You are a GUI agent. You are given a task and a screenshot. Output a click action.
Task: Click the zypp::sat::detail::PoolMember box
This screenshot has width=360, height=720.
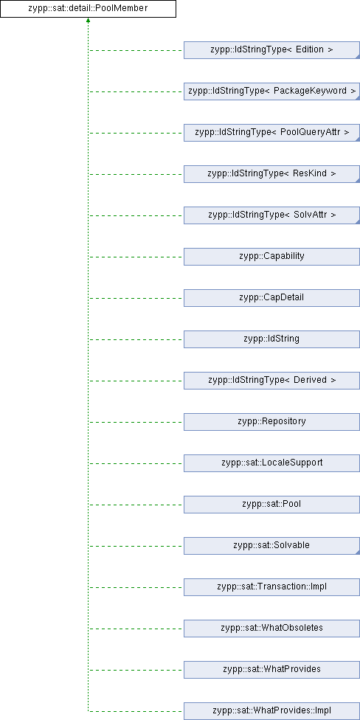pyautogui.click(x=88, y=9)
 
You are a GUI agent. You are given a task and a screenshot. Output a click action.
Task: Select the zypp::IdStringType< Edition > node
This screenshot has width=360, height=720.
pyautogui.click(x=271, y=50)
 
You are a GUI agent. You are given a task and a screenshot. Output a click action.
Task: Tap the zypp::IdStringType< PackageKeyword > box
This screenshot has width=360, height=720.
pyautogui.click(x=271, y=91)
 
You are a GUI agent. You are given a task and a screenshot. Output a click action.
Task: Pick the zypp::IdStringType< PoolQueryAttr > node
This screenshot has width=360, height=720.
pyautogui.click(x=271, y=133)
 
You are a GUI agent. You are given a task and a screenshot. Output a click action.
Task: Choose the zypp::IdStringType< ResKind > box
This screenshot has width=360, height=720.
pyautogui.click(x=271, y=174)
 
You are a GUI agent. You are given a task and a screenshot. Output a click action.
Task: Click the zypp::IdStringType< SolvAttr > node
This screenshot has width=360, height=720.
pyautogui.click(x=271, y=215)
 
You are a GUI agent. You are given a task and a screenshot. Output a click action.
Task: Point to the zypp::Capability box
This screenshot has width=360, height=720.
pyautogui.click(x=271, y=257)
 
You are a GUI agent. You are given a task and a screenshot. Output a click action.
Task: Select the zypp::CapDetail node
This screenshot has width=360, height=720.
pyautogui.click(x=271, y=298)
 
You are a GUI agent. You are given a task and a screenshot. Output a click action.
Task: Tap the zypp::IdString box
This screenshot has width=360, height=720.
pyautogui.click(x=271, y=339)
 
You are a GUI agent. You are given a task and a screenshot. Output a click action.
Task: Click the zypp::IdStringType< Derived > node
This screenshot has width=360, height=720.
pyautogui.click(x=271, y=381)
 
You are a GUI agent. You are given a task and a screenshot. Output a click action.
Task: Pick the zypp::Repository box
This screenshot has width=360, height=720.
pyautogui.click(x=271, y=422)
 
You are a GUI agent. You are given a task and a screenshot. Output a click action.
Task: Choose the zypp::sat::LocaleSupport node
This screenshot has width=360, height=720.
pyautogui.click(x=271, y=463)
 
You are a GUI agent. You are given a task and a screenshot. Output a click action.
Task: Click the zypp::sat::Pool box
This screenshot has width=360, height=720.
pyautogui.click(x=271, y=505)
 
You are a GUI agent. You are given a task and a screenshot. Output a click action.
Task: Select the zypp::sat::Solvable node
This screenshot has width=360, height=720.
pyautogui.click(x=271, y=546)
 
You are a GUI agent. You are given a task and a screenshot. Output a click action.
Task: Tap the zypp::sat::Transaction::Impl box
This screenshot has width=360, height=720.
pyautogui.click(x=271, y=587)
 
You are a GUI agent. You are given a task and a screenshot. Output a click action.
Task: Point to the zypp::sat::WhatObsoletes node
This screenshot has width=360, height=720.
pyautogui.click(x=271, y=629)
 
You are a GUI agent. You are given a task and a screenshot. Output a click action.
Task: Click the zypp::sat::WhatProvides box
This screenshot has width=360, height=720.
pyautogui.click(x=271, y=670)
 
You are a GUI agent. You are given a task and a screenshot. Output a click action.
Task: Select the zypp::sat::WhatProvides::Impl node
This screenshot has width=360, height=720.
pyautogui.click(x=271, y=711)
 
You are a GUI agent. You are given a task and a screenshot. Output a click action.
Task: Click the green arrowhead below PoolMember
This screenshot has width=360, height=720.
pyautogui.click(x=88, y=21)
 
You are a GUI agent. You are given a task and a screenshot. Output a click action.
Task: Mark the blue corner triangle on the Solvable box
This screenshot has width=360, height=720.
pyautogui.click(x=358, y=553)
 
